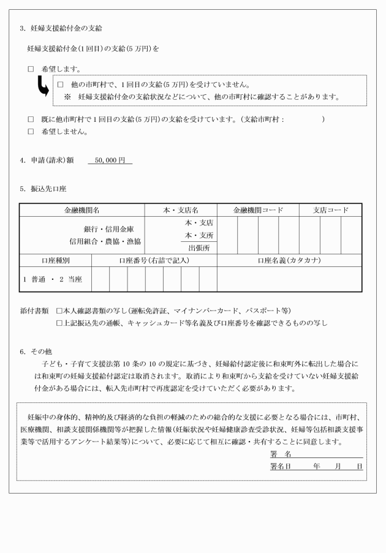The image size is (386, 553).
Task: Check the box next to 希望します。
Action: coord(31,69)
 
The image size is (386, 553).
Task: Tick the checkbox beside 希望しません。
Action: coord(31,131)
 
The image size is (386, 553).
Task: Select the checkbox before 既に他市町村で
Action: coord(31,119)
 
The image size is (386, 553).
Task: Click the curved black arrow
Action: coord(44,89)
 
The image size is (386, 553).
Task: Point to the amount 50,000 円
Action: coord(110,160)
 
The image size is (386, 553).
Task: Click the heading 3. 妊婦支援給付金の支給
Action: coord(61,29)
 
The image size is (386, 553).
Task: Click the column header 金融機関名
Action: coord(82,210)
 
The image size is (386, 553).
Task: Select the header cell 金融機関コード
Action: coord(258,210)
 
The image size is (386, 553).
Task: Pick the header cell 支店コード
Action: coord(330,210)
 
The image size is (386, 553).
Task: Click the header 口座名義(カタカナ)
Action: coord(289,260)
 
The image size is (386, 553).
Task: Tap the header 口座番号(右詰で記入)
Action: coord(154,260)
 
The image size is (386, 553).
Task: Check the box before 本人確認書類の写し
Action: coord(59,310)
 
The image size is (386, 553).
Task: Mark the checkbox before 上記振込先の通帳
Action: coord(59,322)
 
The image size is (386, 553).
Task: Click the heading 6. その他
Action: coord(36,352)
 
